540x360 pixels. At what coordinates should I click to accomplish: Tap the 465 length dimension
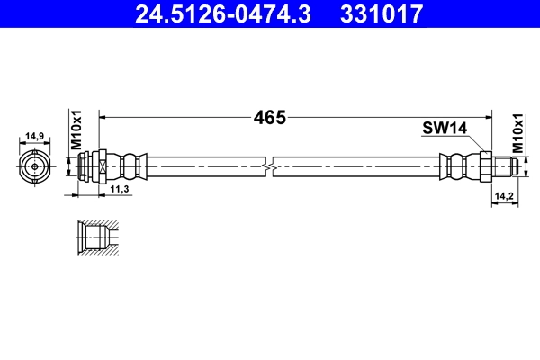[x=269, y=117]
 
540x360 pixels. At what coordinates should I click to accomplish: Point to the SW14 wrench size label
[x=444, y=129]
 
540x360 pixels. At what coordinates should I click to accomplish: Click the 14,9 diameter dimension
[x=35, y=137]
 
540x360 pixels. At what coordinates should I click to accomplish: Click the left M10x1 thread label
[x=76, y=131]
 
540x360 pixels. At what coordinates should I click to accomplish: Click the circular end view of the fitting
[x=35, y=166]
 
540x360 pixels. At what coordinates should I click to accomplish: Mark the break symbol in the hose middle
[x=269, y=166]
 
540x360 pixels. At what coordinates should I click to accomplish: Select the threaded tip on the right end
[x=504, y=166]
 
